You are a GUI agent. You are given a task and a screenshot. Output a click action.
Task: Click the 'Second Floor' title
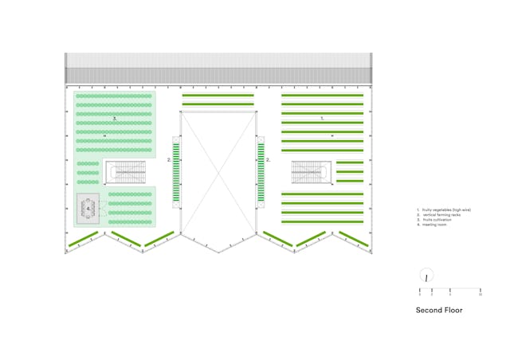pos(438,310)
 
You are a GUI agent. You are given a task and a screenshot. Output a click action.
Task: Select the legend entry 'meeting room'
pos(430,225)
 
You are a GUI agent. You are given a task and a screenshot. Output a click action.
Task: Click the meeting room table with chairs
pos(88,209)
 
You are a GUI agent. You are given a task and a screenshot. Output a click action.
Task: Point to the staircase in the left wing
pos(125,172)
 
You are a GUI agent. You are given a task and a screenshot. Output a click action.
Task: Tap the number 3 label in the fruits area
pos(115,119)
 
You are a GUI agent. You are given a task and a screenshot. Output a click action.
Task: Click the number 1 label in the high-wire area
pos(322,117)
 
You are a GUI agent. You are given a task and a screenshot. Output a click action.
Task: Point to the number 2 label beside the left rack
pos(168,160)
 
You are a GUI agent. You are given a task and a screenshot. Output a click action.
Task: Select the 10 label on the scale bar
pos(481,295)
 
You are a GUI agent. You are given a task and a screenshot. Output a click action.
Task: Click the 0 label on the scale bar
pos(421,295)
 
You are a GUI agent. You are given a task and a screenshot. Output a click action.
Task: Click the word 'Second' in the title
pos(428,310)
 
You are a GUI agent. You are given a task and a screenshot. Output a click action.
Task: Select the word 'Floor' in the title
pos(453,310)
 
